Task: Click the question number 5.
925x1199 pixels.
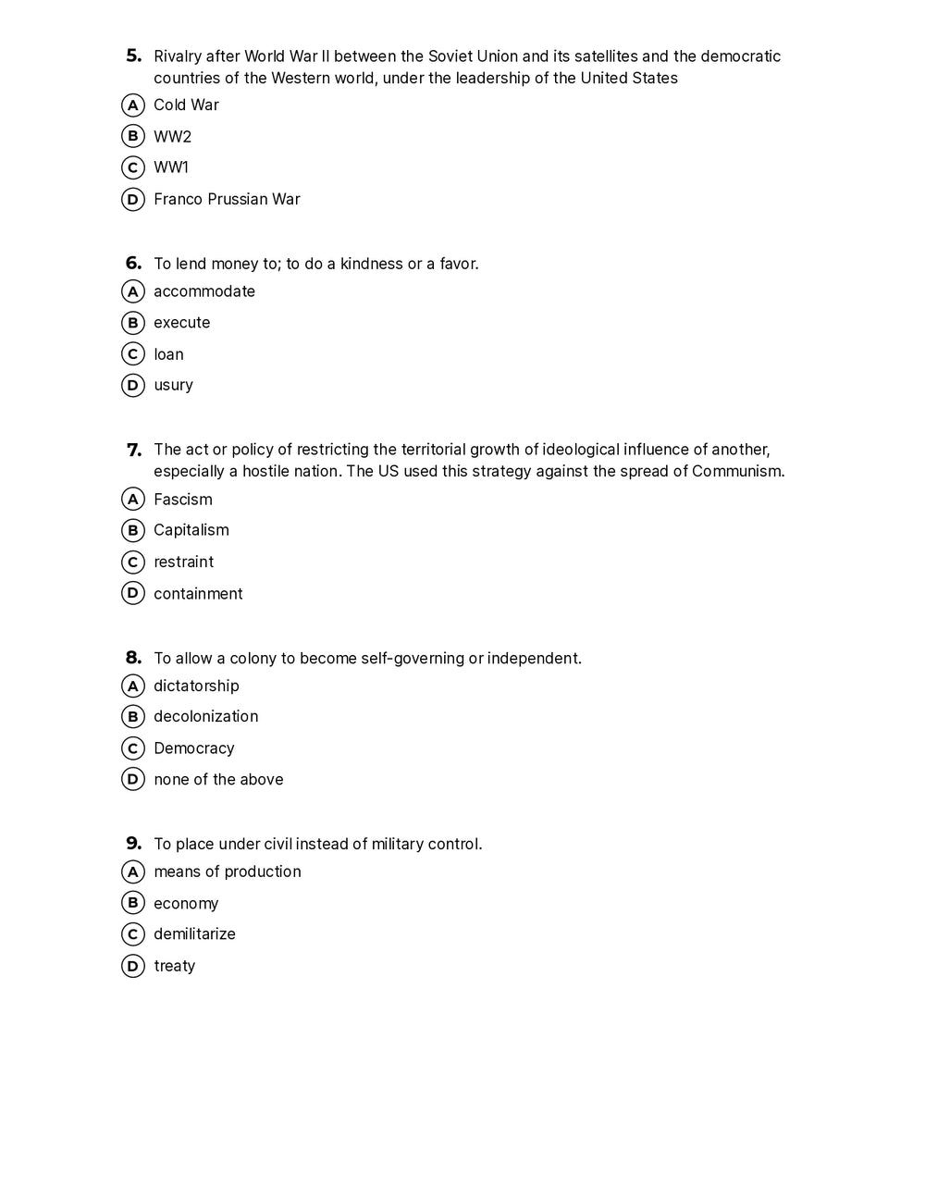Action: [x=133, y=56]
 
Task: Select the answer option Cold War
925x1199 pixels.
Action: [x=186, y=105]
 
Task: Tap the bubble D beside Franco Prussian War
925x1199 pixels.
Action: [x=133, y=199]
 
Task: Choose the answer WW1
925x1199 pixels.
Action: [x=171, y=167]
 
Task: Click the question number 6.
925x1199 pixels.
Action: [x=133, y=263]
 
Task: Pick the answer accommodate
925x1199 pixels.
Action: [x=203, y=291]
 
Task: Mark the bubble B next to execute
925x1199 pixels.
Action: [x=133, y=323]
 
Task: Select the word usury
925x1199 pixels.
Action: [x=173, y=385]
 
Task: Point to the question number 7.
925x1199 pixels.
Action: [x=134, y=450]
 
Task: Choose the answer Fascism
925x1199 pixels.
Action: [x=182, y=500]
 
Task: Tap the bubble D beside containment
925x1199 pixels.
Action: [x=133, y=593]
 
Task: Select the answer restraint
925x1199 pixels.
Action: [x=183, y=562]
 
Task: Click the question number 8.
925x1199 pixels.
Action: [x=133, y=658]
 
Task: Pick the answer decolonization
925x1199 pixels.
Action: [x=205, y=716]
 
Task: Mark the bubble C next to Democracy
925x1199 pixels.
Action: [x=133, y=748]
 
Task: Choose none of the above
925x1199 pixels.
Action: [x=218, y=779]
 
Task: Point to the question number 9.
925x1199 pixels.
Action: [x=133, y=843]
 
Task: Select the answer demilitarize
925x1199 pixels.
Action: [x=194, y=933]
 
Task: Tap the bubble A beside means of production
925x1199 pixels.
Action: [x=133, y=871]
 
